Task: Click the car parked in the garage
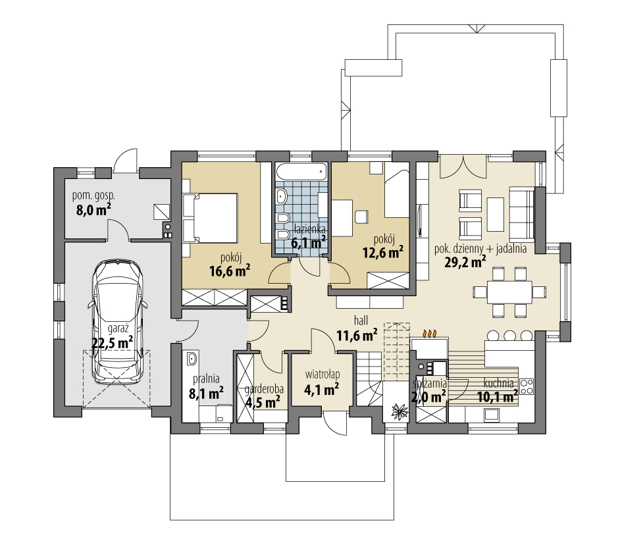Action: tap(117, 321)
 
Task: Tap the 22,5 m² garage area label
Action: tap(112, 342)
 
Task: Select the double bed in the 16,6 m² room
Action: tap(210, 217)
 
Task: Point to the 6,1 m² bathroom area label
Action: tap(308, 242)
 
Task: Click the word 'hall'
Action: tap(361, 320)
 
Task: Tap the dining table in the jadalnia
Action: tap(509, 292)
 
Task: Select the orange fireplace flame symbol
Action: tap(430, 334)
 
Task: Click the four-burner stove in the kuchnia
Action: tap(527, 386)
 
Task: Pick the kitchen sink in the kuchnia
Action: tap(492, 415)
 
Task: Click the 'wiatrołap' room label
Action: tap(322, 375)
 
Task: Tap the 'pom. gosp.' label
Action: tap(93, 195)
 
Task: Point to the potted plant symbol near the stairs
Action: tap(399, 411)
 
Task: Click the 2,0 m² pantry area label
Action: tap(428, 396)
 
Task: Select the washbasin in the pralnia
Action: tap(192, 359)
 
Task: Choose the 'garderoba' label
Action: tap(264, 390)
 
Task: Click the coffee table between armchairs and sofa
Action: tap(496, 215)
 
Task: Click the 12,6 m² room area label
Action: tap(382, 252)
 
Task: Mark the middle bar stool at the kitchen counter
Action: tap(509, 336)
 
